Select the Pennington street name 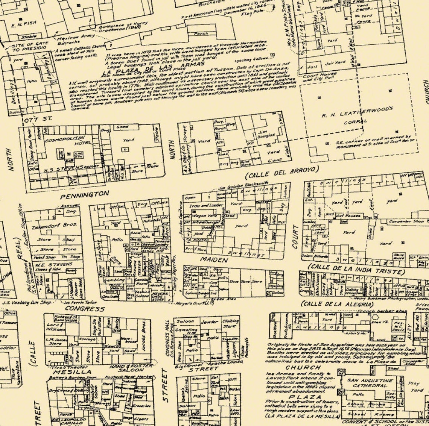coord(85,194)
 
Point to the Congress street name coord(85,309)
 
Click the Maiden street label coord(214,260)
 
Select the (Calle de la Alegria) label coord(337,304)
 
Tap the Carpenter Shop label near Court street coord(406,222)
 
